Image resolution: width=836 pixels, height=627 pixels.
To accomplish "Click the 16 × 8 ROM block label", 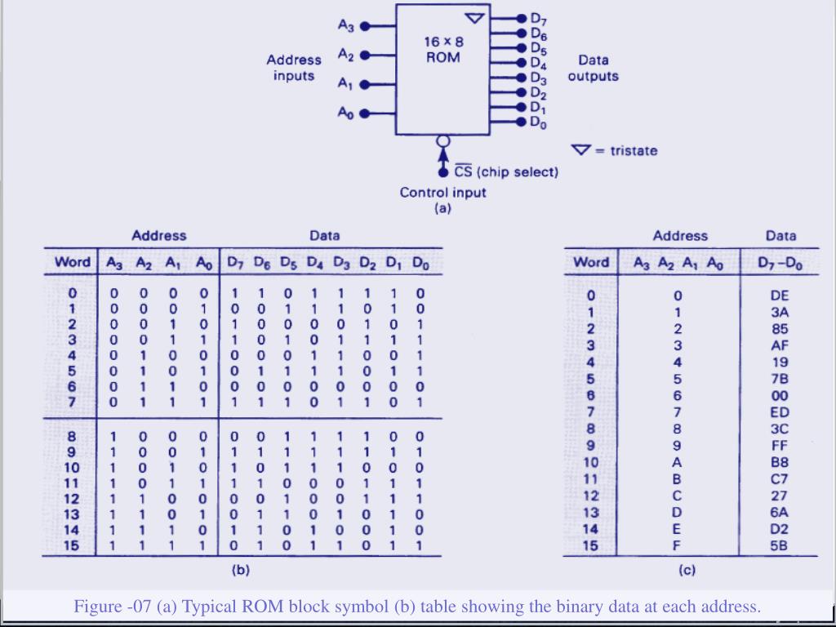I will click(442, 49).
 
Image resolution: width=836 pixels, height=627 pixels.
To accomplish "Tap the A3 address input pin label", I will click(346, 25).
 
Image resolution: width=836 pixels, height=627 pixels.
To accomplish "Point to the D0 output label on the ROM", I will click(538, 122).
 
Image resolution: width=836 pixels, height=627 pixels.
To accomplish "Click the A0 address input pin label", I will click(346, 113).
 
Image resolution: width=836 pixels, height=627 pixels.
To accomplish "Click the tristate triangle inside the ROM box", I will click(474, 18).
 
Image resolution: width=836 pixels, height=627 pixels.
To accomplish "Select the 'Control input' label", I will click(442, 193).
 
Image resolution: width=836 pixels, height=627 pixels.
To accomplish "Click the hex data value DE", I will click(780, 295).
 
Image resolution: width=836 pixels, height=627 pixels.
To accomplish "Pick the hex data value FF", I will click(780, 445).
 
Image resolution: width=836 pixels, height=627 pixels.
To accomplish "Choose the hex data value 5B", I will click(780, 545).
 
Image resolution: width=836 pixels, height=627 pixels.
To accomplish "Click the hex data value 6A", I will click(780, 512).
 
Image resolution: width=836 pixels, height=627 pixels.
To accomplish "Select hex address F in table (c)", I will click(676, 545).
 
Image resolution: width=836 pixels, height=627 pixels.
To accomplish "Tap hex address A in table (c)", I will click(676, 462).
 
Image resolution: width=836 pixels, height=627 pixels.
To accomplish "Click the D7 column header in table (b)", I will click(235, 263).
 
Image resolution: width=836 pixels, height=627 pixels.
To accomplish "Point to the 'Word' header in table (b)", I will click(72, 262).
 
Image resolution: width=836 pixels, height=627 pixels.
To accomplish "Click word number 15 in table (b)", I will click(72, 545).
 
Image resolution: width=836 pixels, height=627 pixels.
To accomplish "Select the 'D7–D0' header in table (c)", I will click(780, 262).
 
